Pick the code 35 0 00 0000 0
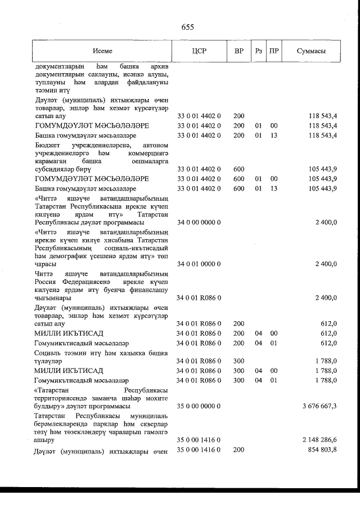[199, 406]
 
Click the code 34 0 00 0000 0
[199, 222]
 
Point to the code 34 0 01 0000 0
[199, 264]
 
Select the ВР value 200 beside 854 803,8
[238, 450]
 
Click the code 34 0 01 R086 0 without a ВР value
[199, 298]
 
